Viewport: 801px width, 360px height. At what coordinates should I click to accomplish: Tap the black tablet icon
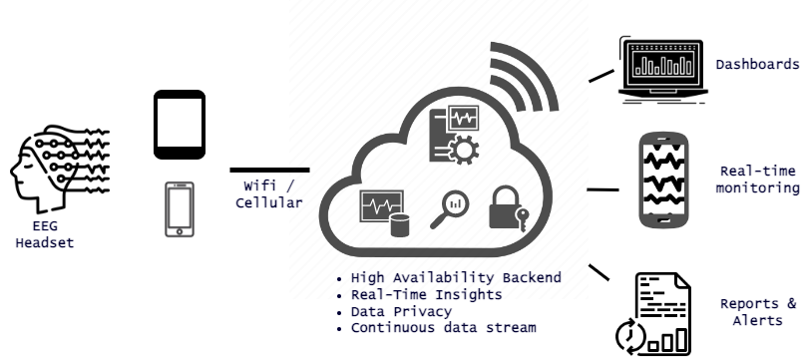click(180, 125)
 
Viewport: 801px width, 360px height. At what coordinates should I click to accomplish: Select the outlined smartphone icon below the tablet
click(180, 208)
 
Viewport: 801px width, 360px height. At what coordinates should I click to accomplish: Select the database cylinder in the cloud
click(401, 223)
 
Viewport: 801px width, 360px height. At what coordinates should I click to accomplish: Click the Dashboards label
click(757, 65)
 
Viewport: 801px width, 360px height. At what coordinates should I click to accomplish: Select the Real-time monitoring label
click(758, 179)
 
